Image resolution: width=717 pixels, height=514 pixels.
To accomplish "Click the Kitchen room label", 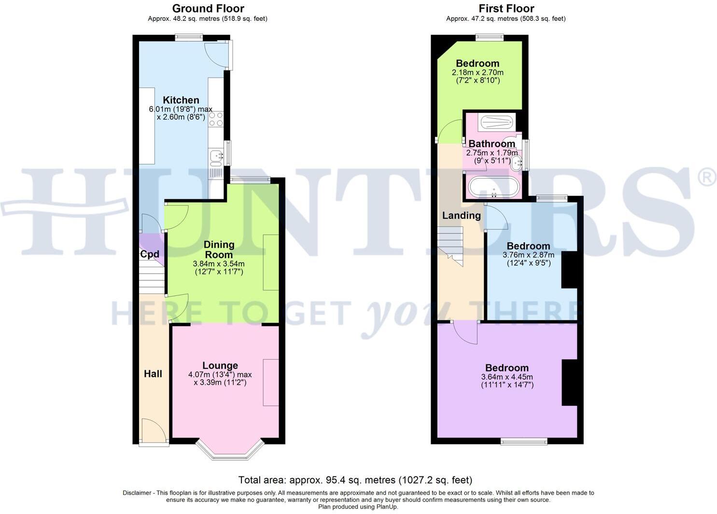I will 181,100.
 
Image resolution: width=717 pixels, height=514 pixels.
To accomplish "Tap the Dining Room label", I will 219,250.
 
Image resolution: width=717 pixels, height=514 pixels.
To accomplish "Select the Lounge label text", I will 220,366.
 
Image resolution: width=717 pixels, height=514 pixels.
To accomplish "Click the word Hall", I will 153,374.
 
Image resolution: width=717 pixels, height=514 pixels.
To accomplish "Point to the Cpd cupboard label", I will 150,254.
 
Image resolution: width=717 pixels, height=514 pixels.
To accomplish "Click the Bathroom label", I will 492,144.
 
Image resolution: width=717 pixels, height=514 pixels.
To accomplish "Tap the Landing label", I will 462,216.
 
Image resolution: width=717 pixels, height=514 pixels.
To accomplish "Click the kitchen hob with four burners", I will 216,119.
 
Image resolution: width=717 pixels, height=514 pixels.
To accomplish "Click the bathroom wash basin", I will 517,163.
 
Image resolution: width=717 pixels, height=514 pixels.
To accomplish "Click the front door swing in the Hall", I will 152,431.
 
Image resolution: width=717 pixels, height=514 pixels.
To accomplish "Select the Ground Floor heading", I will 208,9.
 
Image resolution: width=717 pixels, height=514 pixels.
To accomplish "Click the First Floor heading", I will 506,9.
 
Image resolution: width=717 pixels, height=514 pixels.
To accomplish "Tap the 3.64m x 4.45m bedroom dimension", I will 507,377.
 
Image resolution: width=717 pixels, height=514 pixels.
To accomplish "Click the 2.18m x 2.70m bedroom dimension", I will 478,72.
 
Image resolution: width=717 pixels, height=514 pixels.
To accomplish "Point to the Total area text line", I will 355,480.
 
